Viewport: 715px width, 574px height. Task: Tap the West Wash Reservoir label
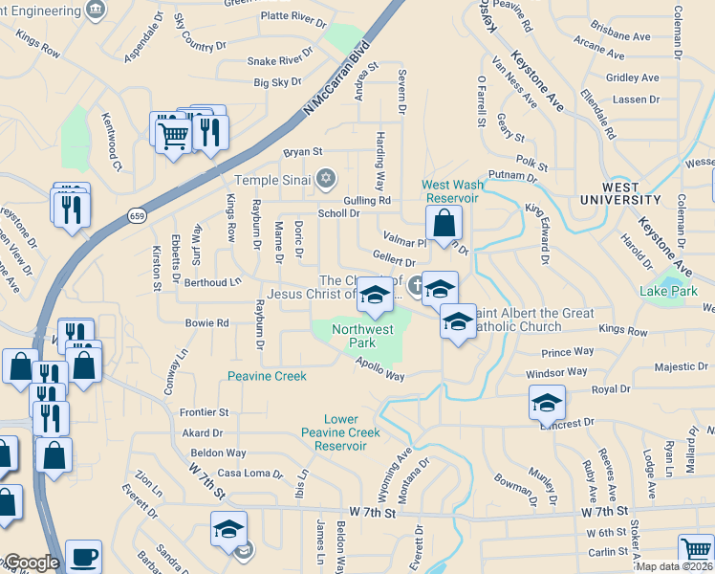[450, 190]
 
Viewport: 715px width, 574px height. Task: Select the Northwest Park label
[362, 336]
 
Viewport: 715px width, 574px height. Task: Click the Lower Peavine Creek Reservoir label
[339, 432]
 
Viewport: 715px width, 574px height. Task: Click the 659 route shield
[139, 217]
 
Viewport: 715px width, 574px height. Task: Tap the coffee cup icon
[84, 556]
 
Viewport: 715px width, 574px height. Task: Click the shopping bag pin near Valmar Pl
[444, 224]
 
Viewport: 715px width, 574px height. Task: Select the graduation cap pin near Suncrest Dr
[546, 403]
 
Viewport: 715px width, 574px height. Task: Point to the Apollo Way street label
[380, 367]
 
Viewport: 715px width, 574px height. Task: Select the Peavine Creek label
[267, 376]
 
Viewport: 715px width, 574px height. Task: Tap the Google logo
[32, 563]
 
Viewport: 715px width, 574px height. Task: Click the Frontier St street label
[205, 412]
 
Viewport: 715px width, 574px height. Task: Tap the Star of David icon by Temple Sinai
[327, 177]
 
